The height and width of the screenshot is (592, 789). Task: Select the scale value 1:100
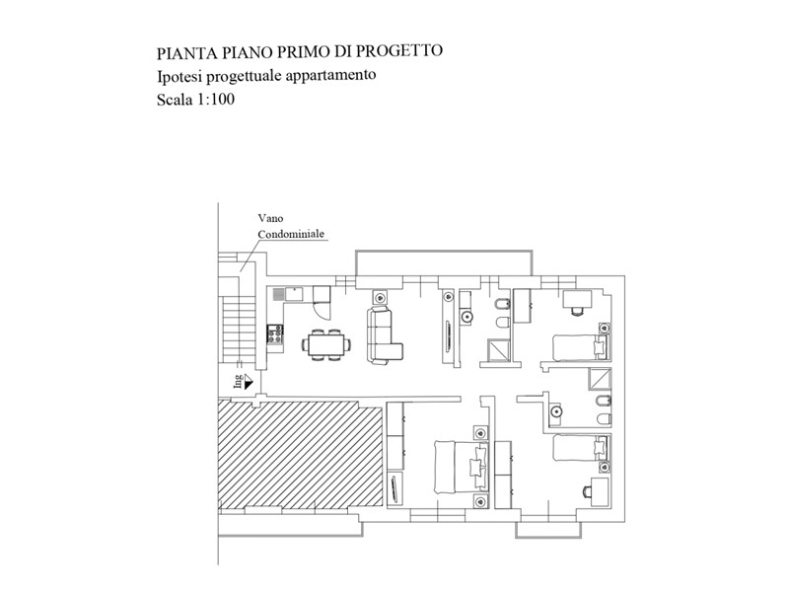(215, 100)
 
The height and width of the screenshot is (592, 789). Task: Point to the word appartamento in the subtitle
(330, 76)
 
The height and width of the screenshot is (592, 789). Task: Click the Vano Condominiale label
(291, 226)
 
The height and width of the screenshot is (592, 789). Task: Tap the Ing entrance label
(238, 381)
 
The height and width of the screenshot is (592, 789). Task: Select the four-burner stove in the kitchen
(275, 333)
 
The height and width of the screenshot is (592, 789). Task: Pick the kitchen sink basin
(294, 293)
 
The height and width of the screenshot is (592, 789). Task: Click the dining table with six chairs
(326, 344)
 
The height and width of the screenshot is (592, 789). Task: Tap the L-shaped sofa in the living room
(384, 334)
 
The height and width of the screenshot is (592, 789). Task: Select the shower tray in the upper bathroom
(498, 350)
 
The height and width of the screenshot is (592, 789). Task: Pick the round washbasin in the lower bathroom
(556, 411)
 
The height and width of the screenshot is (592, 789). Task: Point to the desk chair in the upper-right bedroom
(577, 311)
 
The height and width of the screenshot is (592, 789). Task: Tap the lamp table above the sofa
(380, 296)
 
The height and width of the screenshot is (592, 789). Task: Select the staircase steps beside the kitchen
(238, 329)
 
